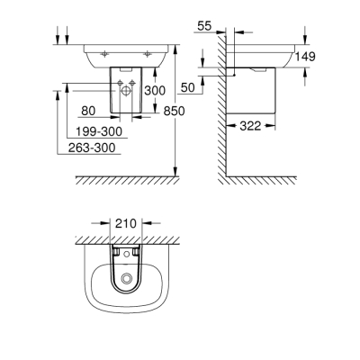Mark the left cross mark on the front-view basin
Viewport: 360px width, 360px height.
click(x=105, y=52)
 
